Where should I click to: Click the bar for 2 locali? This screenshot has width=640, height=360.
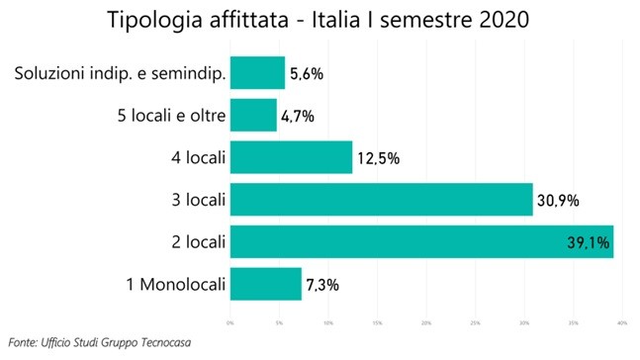[420, 241]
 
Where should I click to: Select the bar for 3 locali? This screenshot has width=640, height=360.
[381, 200]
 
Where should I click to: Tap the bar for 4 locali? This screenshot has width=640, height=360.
[291, 157]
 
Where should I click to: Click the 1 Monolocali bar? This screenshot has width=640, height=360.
[265, 285]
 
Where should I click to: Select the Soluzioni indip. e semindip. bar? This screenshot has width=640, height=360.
[257, 72]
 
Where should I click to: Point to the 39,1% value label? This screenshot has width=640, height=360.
[587, 242]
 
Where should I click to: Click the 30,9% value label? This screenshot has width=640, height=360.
[558, 201]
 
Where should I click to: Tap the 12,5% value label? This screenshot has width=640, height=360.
[376, 158]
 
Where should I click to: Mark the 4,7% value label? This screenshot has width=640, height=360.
[298, 116]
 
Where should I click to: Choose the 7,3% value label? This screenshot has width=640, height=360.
[322, 285]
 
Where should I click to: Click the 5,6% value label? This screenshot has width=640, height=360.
[306, 73]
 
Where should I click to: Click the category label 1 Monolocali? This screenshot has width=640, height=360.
[173, 285]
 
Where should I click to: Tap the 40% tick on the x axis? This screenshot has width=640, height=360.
[623, 321]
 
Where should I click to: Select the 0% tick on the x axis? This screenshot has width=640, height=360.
[230, 321]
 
